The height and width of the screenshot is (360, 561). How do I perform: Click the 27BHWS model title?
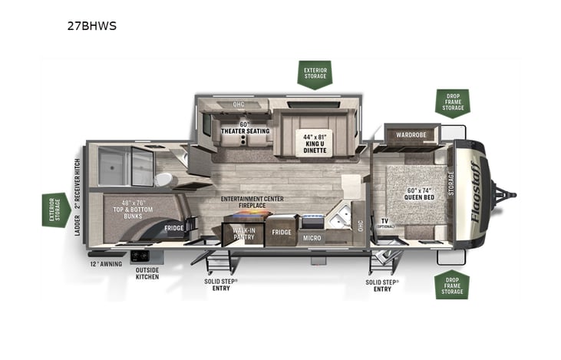coord(91,25)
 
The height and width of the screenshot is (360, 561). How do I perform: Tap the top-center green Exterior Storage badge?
coord(315,74)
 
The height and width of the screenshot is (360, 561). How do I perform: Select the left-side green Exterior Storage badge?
coord(55,210)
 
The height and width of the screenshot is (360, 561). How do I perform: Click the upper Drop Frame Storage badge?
coord(452,102)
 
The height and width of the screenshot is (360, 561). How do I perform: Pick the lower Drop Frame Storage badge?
coord(452,285)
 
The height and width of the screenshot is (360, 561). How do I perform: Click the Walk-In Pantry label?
coord(243,232)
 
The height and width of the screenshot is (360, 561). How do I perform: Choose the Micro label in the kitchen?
coord(311,238)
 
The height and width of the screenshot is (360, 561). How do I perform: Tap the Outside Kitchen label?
coord(147,272)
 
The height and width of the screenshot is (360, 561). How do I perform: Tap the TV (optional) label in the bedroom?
coord(385,223)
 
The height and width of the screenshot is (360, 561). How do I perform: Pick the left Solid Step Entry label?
coord(222,285)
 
